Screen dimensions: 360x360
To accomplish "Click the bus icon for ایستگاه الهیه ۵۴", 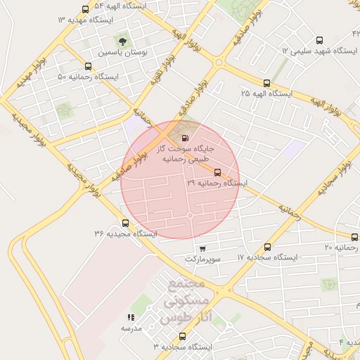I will click(86, 9).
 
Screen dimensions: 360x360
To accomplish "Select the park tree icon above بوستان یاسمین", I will click(124, 39).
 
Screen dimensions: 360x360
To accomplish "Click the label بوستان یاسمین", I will click(123, 52).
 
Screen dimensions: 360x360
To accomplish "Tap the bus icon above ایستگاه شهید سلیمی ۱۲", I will click(320, 40).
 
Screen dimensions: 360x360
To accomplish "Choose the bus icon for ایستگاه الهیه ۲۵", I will click(266, 83).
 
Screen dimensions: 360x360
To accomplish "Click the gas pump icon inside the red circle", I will click(185, 138).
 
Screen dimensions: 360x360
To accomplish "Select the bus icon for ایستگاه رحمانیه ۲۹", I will click(217, 172).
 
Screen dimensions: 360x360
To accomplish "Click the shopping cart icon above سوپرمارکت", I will click(203, 248).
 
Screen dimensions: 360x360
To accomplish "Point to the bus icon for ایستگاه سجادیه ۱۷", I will click(267, 247).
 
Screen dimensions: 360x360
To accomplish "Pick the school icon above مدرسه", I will click(131, 317).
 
